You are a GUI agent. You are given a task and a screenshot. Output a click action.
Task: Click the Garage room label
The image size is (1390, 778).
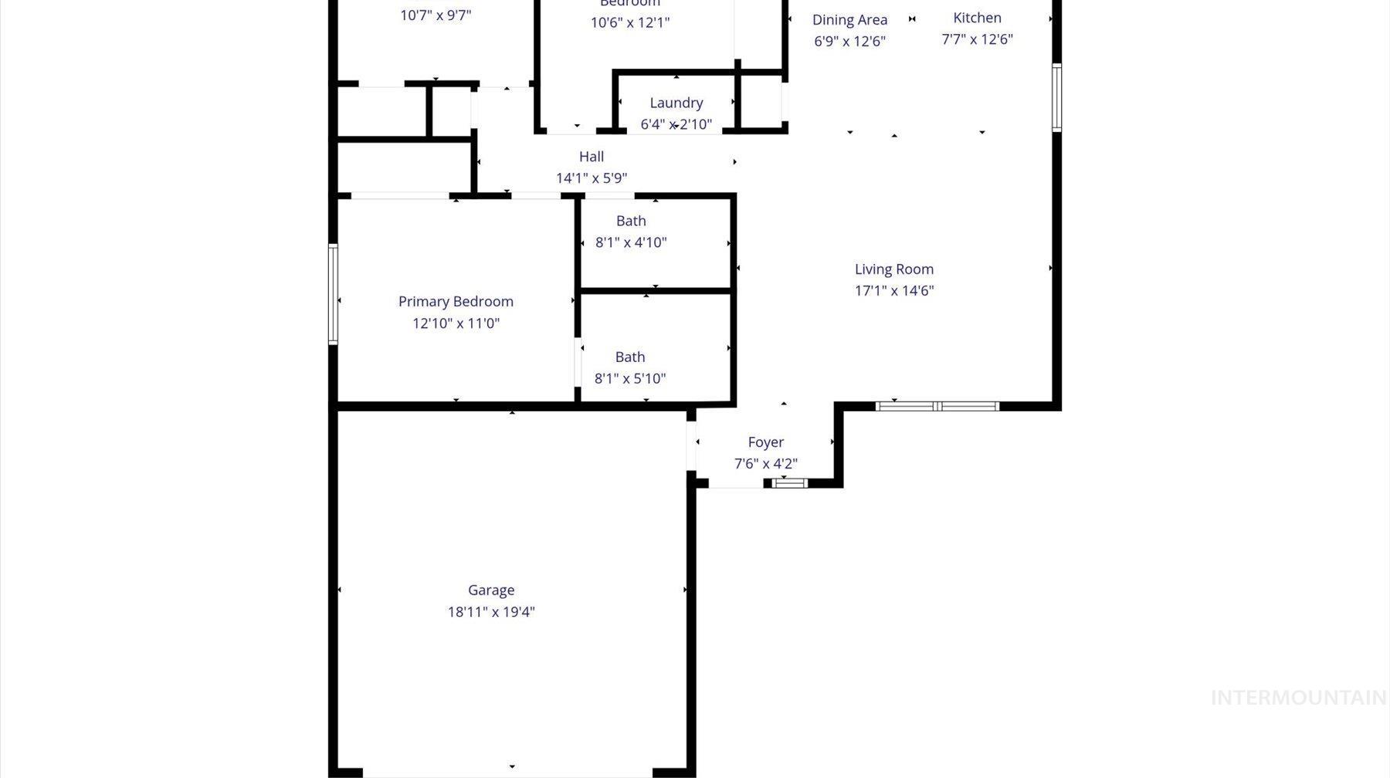(491, 590)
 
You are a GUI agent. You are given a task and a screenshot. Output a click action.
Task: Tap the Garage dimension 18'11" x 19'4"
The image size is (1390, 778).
(491, 612)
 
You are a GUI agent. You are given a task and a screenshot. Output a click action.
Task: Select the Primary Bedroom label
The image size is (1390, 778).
(456, 302)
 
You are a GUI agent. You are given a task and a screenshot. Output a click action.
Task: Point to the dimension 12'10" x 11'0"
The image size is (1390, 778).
(456, 323)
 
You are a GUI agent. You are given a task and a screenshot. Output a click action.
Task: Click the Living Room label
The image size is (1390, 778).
(894, 269)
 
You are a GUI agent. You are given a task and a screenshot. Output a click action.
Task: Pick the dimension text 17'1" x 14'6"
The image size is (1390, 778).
(894, 291)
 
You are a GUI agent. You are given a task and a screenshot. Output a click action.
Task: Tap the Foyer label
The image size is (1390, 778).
(766, 442)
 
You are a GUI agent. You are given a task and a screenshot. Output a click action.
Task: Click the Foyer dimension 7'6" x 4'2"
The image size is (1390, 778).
(766, 464)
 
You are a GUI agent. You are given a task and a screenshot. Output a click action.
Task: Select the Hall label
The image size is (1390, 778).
(592, 157)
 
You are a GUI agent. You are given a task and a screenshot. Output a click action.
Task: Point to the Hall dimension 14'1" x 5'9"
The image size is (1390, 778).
(592, 178)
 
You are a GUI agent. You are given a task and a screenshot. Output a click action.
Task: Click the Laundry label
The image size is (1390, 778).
(676, 103)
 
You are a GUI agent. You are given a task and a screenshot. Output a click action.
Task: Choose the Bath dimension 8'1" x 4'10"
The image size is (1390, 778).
(631, 242)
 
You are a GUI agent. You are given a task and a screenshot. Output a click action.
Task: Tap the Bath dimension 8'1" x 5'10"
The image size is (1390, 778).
(630, 378)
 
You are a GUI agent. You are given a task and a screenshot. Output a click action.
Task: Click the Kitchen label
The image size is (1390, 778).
(977, 18)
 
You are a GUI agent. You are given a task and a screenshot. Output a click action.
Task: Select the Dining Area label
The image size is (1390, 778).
(849, 20)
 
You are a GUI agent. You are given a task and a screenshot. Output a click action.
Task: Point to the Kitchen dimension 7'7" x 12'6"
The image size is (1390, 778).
(977, 39)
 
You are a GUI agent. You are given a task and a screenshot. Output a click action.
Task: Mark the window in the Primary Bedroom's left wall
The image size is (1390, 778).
(334, 294)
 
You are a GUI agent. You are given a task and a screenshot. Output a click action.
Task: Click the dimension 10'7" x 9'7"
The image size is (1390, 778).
(436, 15)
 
